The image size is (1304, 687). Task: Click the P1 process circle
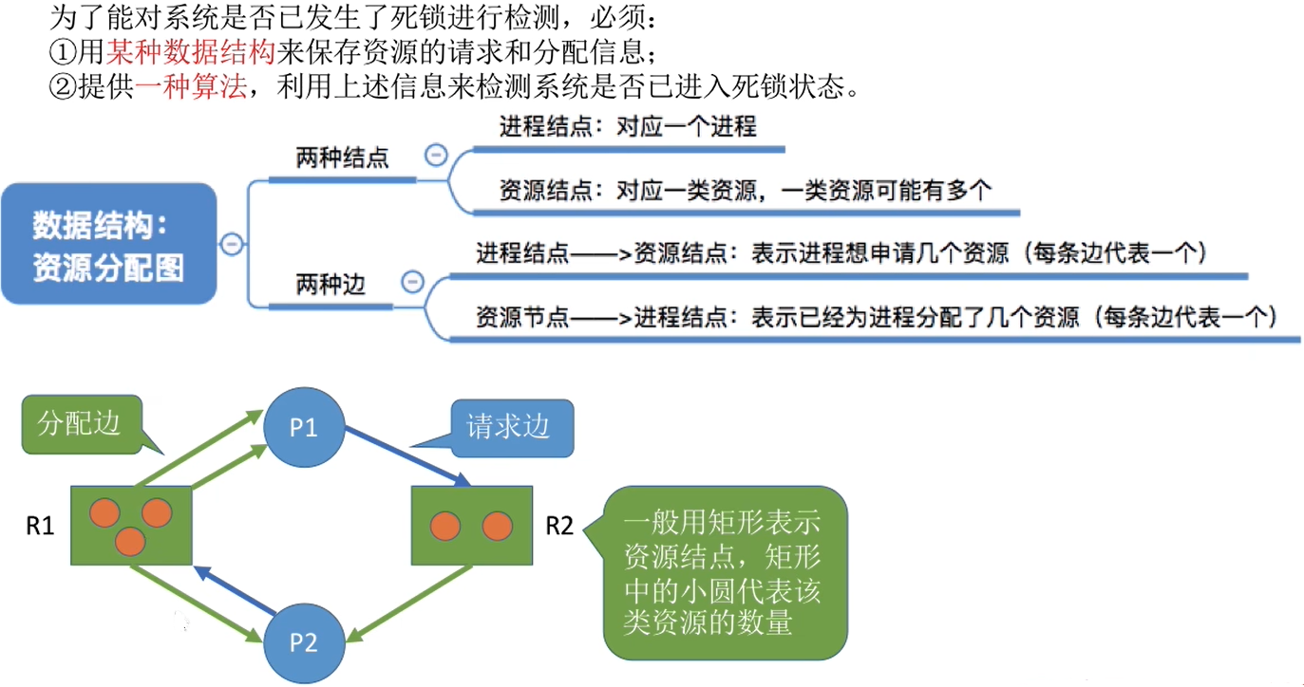[303, 428]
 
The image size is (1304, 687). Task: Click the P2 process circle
[303, 642]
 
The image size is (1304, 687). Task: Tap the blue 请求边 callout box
[508, 427]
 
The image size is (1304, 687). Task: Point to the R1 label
[39, 526]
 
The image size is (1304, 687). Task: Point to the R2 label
[559, 526]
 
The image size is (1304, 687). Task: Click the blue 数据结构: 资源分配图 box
[108, 244]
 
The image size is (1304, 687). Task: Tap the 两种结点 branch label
[342, 158]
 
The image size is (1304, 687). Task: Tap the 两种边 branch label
[331, 284]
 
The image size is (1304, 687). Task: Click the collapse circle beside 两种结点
[436, 155]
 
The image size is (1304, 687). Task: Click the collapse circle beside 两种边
[412, 282]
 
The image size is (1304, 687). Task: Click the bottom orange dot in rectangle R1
[130, 542]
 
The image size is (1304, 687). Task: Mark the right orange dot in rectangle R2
[497, 526]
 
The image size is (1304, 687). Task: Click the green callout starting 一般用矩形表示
[724, 572]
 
